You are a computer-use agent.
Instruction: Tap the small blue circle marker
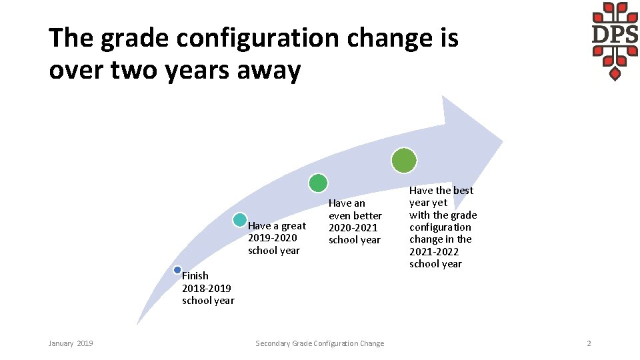pos(177,270)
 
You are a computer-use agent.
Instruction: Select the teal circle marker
pos(239,220)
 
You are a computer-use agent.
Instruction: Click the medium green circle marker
pos(319,183)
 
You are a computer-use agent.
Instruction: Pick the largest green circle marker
pos(404,161)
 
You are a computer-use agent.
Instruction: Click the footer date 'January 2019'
pos(71,343)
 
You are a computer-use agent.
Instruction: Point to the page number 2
pos(589,343)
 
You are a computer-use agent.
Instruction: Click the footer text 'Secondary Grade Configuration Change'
pos(320,343)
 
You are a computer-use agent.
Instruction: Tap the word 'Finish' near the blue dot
pos(195,276)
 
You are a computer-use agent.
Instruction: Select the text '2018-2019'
pos(207,288)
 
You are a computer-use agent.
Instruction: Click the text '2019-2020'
pos(273,238)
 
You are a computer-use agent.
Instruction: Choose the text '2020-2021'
pos(353,227)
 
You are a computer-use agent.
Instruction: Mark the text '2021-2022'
pos(434,251)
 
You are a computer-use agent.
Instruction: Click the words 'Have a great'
pos(277,226)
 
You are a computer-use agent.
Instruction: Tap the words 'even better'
pos(355,215)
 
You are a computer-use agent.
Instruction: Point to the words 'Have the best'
pos(441,191)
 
